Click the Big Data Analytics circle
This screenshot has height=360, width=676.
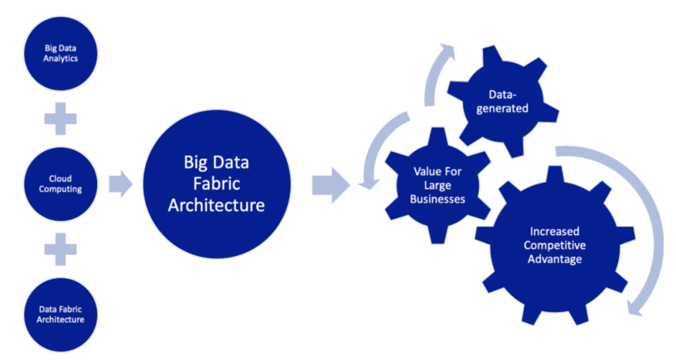[x=61, y=53]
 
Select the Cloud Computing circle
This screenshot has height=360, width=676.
[x=61, y=184]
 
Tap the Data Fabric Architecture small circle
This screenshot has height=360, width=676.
[x=61, y=314]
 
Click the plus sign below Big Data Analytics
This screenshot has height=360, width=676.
[x=61, y=118]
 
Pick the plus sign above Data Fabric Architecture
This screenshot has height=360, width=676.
[x=61, y=250]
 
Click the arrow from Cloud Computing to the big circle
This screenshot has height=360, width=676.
[x=120, y=184]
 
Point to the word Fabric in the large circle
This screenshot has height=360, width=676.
[x=217, y=184]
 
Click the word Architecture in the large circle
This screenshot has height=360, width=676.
[x=217, y=205]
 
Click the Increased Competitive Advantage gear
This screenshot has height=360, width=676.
[x=555, y=245]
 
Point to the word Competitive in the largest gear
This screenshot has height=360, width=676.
[x=555, y=245]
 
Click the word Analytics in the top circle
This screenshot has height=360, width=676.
[x=61, y=59]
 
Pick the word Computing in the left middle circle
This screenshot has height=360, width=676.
[x=61, y=190]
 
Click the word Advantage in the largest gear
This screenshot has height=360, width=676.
[x=555, y=259]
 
